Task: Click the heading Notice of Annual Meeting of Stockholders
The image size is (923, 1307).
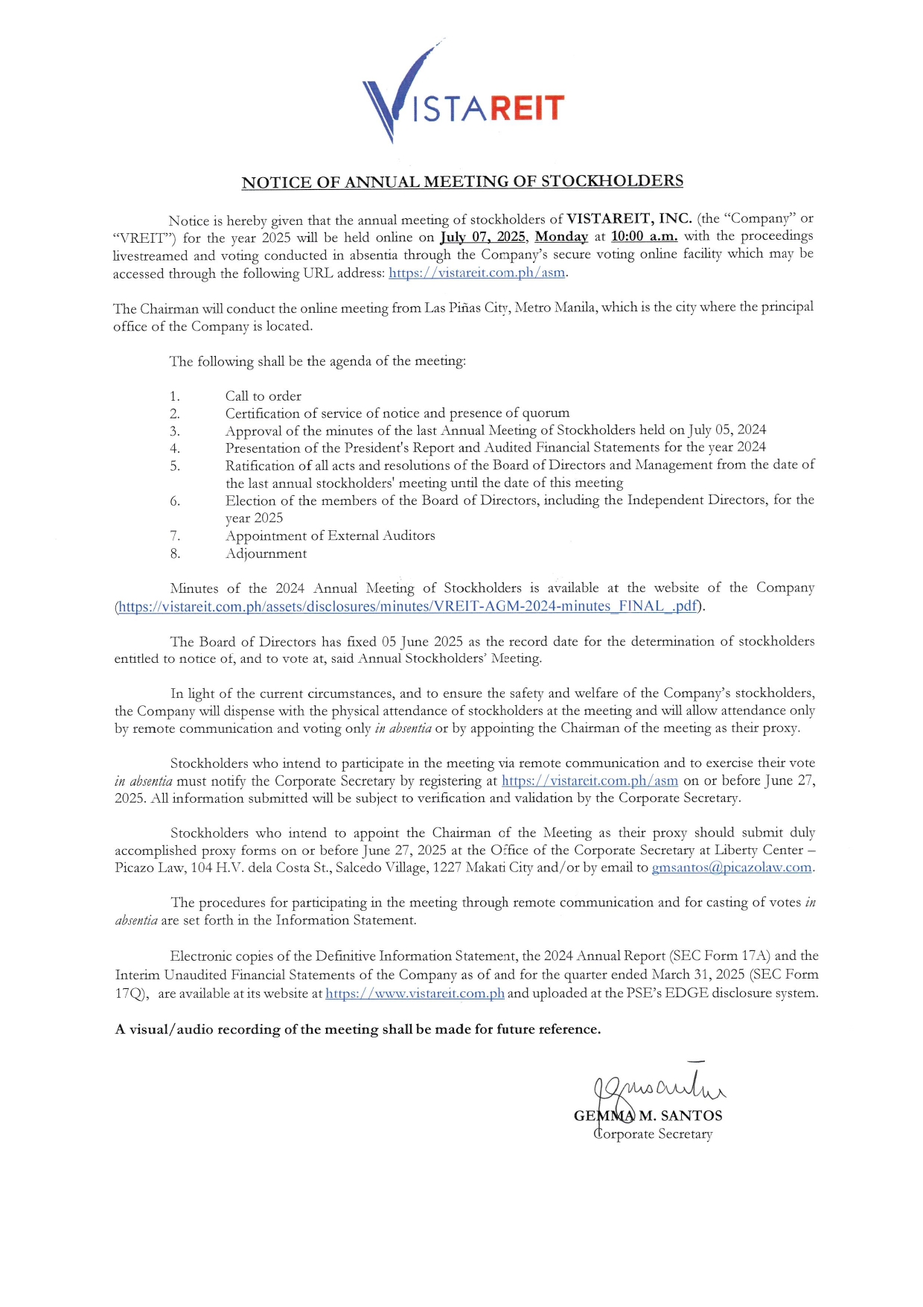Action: (462, 182)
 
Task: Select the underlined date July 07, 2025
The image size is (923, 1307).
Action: (482, 238)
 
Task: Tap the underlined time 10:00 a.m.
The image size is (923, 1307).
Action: (644, 237)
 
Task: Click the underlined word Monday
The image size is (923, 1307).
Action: (561, 237)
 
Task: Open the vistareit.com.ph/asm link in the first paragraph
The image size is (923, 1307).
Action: (476, 273)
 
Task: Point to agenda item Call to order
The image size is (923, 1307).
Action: (264, 396)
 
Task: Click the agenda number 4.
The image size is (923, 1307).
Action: (175, 448)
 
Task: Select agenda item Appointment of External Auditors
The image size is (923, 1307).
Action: (330, 535)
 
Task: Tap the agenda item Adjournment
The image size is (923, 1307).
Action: (266, 553)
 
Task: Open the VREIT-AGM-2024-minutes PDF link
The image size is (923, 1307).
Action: (408, 606)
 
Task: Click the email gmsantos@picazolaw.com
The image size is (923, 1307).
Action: (732, 868)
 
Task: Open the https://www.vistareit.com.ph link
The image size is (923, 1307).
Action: (415, 993)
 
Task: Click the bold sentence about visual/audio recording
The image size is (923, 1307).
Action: (358, 1029)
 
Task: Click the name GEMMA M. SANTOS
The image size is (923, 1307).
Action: (648, 1116)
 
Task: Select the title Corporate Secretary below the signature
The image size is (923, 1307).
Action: (653, 1134)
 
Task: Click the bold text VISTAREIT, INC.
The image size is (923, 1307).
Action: (629, 219)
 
